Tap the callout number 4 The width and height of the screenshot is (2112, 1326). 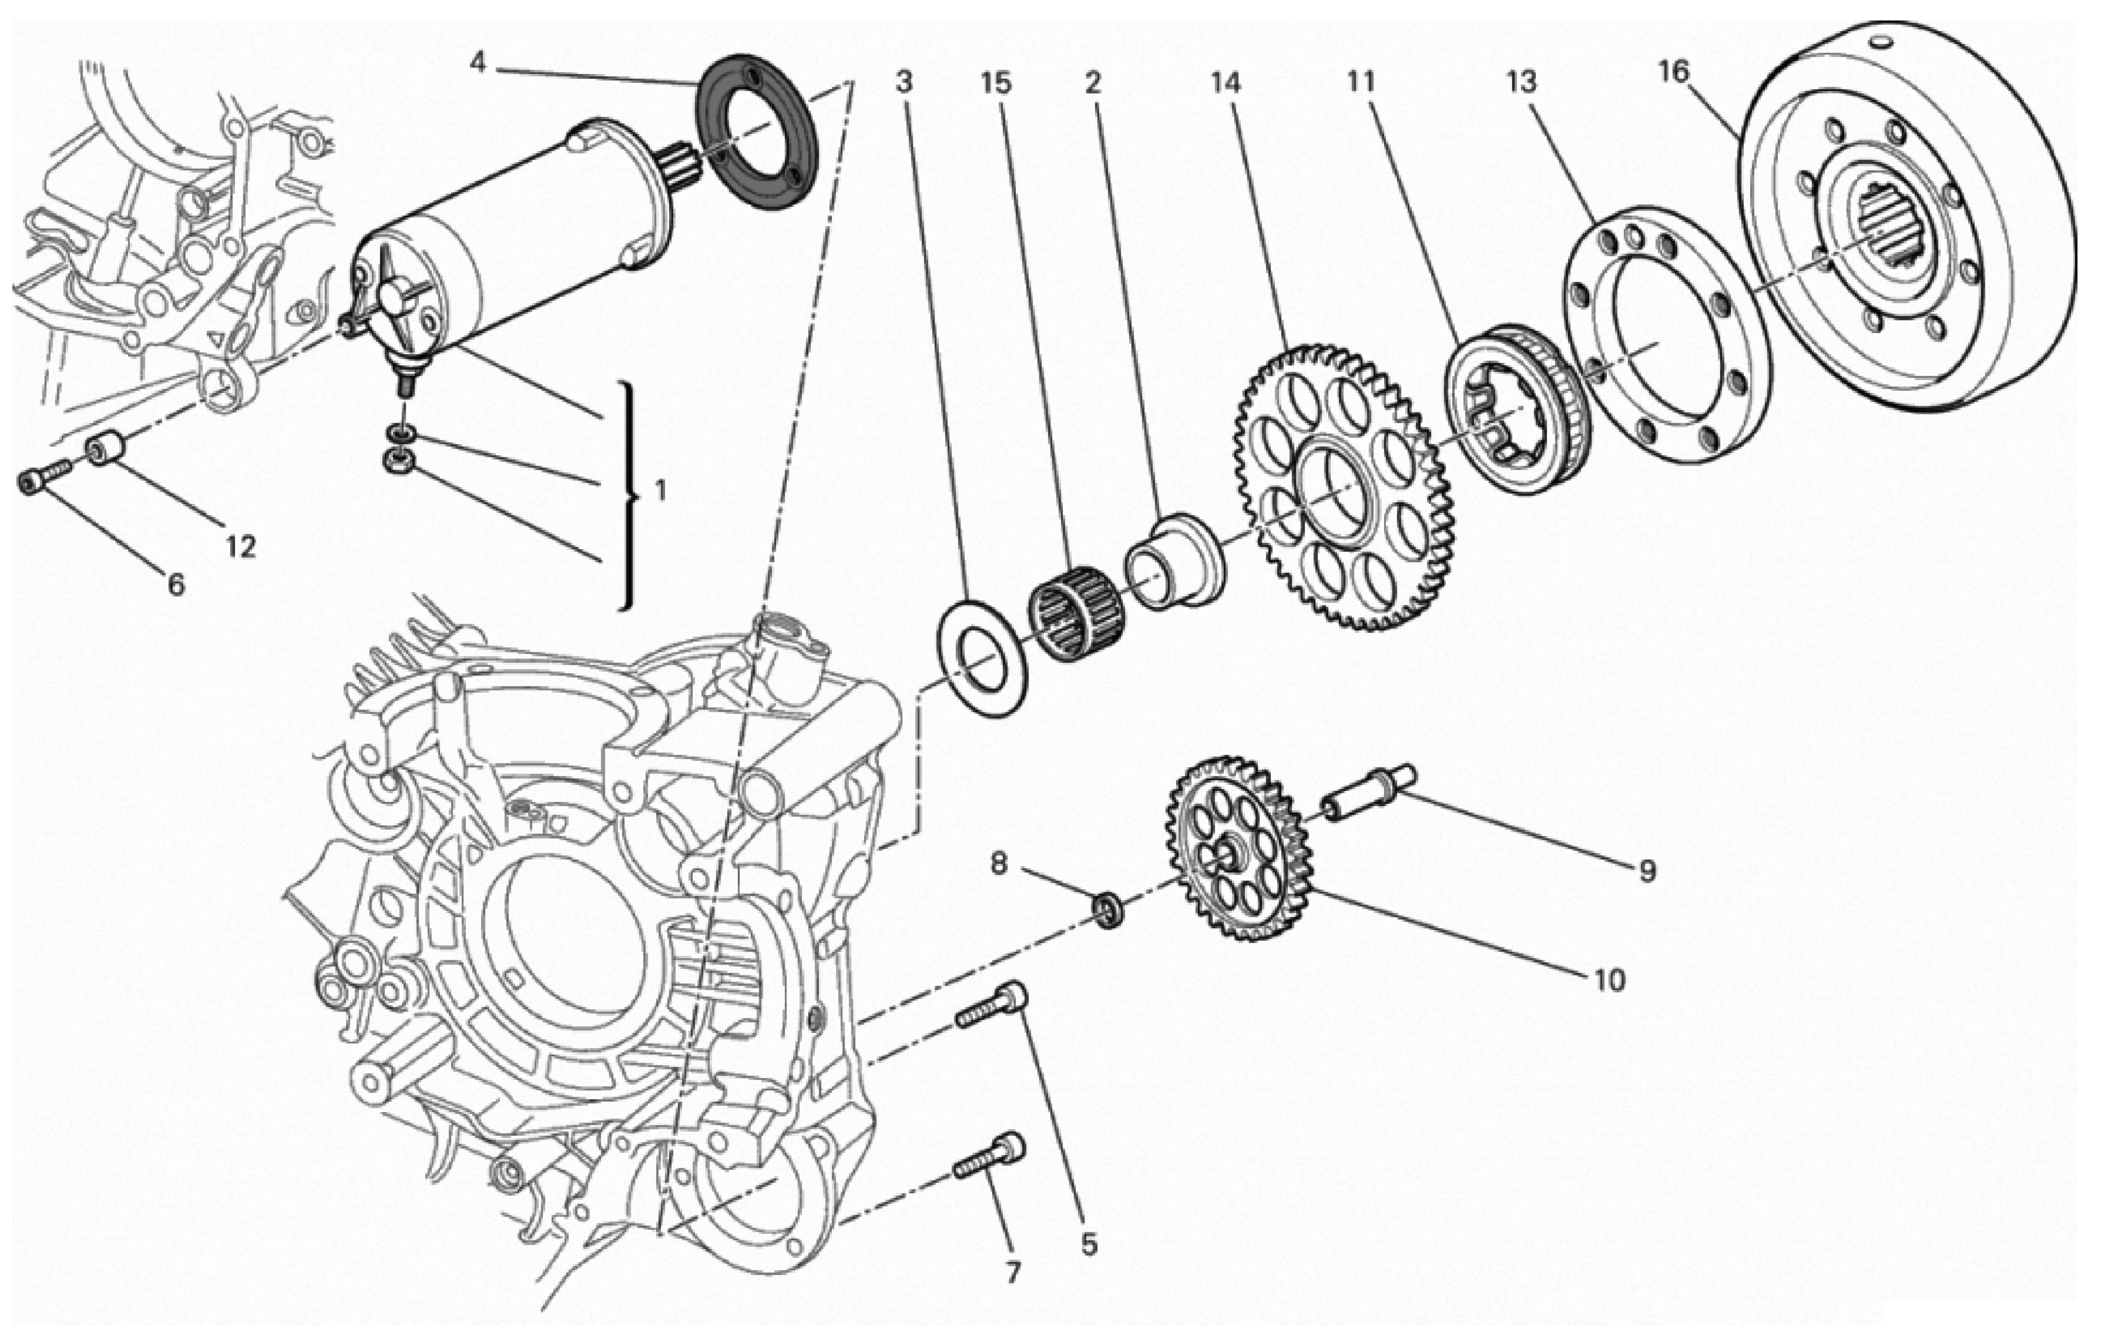coord(477,62)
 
